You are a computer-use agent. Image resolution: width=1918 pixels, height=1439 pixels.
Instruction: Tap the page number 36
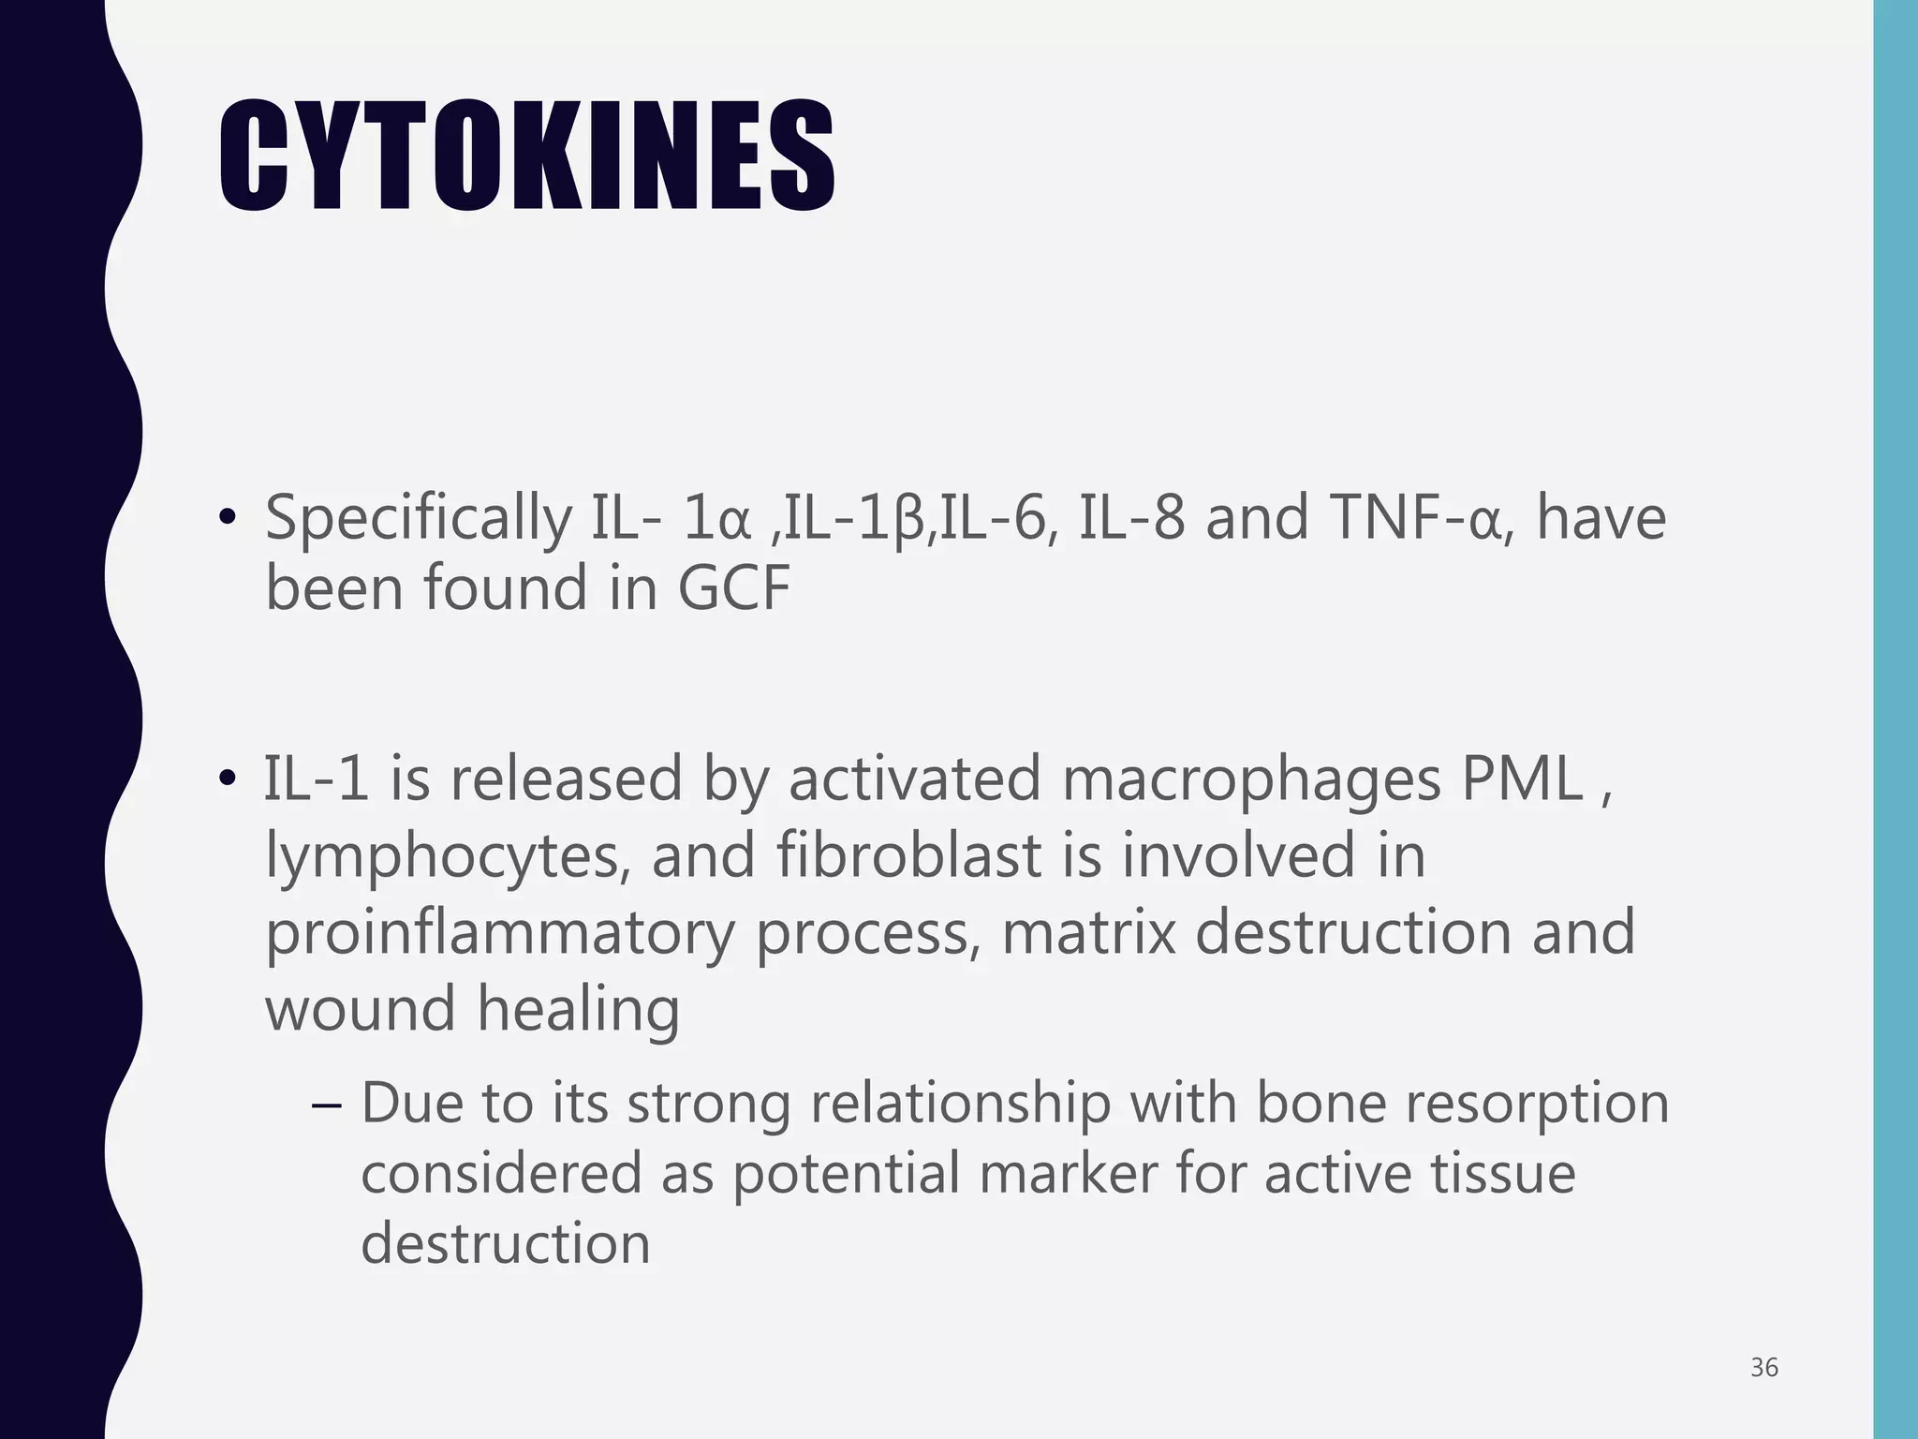click(1764, 1368)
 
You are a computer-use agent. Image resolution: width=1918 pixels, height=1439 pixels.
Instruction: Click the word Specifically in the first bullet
click(418, 518)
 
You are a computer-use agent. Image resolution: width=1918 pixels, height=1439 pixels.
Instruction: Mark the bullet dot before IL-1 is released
click(227, 780)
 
